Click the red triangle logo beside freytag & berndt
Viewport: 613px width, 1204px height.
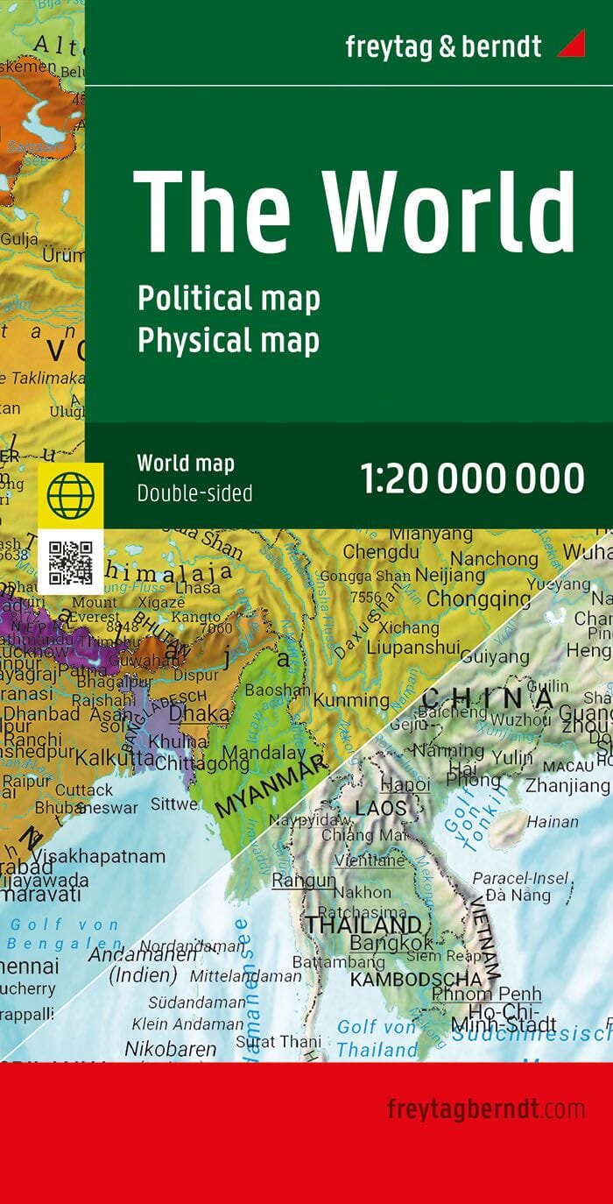(572, 43)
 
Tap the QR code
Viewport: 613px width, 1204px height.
(70, 563)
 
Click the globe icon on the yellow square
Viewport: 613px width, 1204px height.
(70, 495)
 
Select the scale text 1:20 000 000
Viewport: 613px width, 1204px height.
(472, 478)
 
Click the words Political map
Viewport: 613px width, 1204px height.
(229, 299)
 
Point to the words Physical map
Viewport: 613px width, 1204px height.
(228, 341)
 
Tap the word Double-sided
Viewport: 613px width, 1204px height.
(194, 493)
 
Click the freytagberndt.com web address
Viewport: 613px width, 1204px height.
(485, 1109)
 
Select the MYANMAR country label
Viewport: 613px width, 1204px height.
(269, 786)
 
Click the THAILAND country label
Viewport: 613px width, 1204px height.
(363, 924)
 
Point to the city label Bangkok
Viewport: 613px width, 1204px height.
(391, 944)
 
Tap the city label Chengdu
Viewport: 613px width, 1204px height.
(381, 552)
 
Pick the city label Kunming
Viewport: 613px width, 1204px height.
(351, 701)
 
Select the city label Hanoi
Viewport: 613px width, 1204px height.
(404, 785)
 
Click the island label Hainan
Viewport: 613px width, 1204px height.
(552, 822)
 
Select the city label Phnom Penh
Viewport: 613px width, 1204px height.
(486, 995)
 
